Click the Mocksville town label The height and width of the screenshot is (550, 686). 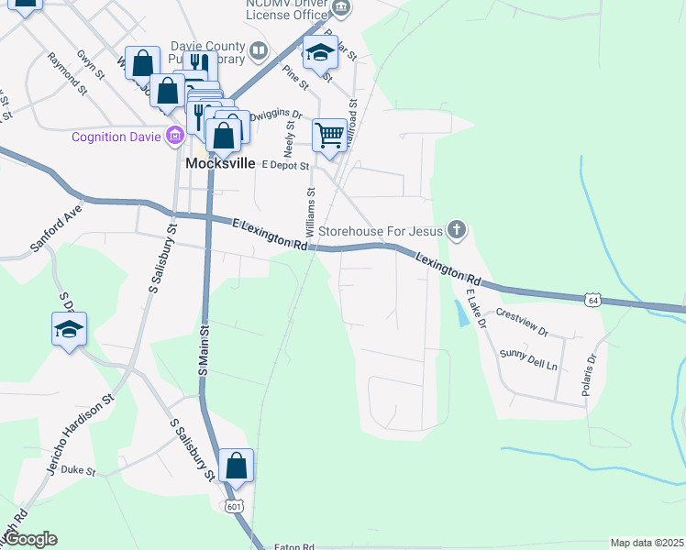[x=219, y=164]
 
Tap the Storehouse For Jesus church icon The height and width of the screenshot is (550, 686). [x=457, y=231]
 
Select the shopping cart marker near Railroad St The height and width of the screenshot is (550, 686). [x=329, y=136]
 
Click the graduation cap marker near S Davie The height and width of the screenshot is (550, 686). [x=69, y=329]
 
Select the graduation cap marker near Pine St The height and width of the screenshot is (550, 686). [x=320, y=52]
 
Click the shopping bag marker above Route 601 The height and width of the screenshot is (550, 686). [x=237, y=466]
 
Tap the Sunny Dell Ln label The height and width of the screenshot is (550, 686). [x=528, y=358]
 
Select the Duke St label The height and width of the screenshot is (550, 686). [x=78, y=471]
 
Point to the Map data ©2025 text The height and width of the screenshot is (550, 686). [x=647, y=543]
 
